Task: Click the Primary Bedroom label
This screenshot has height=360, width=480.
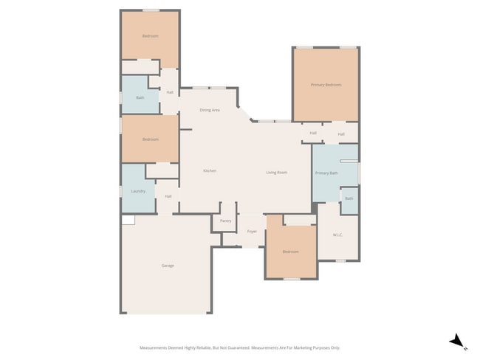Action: (x=326, y=85)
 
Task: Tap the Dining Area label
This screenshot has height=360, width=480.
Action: (x=210, y=110)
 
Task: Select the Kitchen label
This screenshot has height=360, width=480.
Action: (x=210, y=171)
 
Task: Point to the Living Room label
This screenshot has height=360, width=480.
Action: (x=276, y=173)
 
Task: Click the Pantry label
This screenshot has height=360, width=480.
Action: (x=225, y=221)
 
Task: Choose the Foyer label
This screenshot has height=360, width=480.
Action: (x=252, y=231)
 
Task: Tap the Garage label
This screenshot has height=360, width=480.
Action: (x=168, y=266)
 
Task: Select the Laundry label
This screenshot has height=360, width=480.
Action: (x=138, y=191)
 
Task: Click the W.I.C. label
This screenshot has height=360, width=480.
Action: (x=337, y=235)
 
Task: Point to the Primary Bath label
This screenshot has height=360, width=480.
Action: (x=326, y=173)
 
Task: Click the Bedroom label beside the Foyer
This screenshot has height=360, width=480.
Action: (x=291, y=252)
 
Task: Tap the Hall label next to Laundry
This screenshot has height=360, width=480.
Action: (x=168, y=196)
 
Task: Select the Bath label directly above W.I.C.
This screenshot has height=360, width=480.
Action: (x=349, y=198)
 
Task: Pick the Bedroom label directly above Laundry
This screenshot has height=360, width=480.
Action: (x=151, y=139)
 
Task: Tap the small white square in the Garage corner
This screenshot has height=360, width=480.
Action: (x=128, y=220)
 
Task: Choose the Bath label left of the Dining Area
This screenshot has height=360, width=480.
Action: (x=140, y=97)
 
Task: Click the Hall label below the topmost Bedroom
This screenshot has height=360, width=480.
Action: (x=170, y=92)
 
